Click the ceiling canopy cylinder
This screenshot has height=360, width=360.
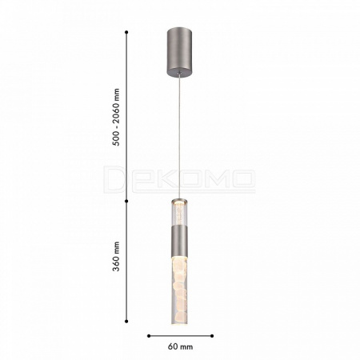(179, 52)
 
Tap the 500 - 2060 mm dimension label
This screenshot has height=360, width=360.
(117, 118)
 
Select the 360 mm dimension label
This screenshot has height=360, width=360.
(116, 257)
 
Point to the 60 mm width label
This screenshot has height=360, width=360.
(180, 346)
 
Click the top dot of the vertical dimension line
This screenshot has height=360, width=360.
(126, 32)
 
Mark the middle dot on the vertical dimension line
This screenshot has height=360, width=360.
(126, 201)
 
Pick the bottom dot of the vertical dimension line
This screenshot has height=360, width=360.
(126, 322)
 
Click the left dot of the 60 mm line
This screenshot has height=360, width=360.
(149, 336)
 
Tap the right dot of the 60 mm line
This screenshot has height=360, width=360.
(212, 336)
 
